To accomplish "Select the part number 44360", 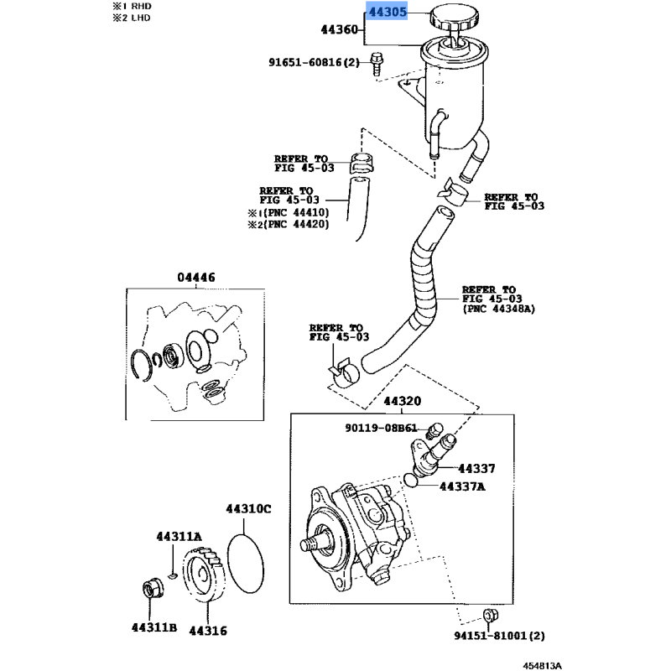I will coord(340,30).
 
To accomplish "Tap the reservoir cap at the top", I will coord(454,17).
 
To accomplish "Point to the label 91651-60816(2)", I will coord(314,62).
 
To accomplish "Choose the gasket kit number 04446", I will coord(195,278).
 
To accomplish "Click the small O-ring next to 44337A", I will coord(410,480).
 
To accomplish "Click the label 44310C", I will coord(247,508).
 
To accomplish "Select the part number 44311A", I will coord(179,536).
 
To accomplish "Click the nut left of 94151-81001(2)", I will coord(489,614).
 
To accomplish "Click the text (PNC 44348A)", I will coord(498,309).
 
